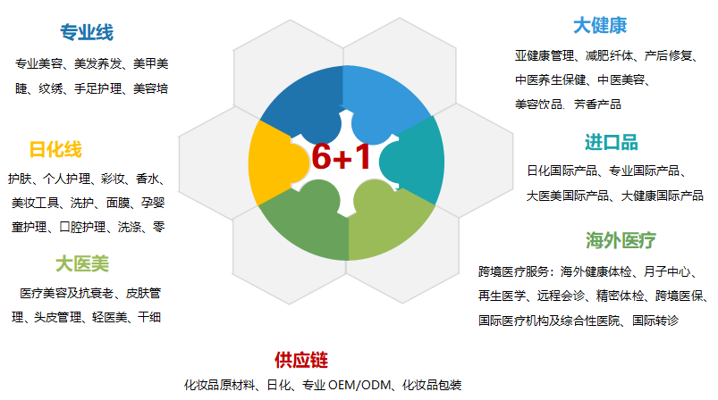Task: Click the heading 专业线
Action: pyautogui.click(x=87, y=32)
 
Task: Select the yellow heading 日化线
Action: pyautogui.click(x=55, y=149)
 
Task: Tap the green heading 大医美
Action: pyautogui.click(x=82, y=263)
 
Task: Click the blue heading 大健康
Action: pyautogui.click(x=600, y=26)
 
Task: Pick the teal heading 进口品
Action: pyautogui.click(x=612, y=143)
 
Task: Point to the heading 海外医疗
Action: pyautogui.click(x=621, y=240)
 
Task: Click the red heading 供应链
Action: pyautogui.click(x=301, y=360)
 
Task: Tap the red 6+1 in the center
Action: pyautogui.click(x=342, y=157)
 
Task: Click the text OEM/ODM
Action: pyautogui.click(x=359, y=385)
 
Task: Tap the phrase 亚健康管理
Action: pyautogui.click(x=545, y=55)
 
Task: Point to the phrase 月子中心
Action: pyautogui.click(x=667, y=271)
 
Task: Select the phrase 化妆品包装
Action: pyautogui.click(x=432, y=385)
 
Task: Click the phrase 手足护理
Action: pyautogui.click(x=98, y=88)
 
